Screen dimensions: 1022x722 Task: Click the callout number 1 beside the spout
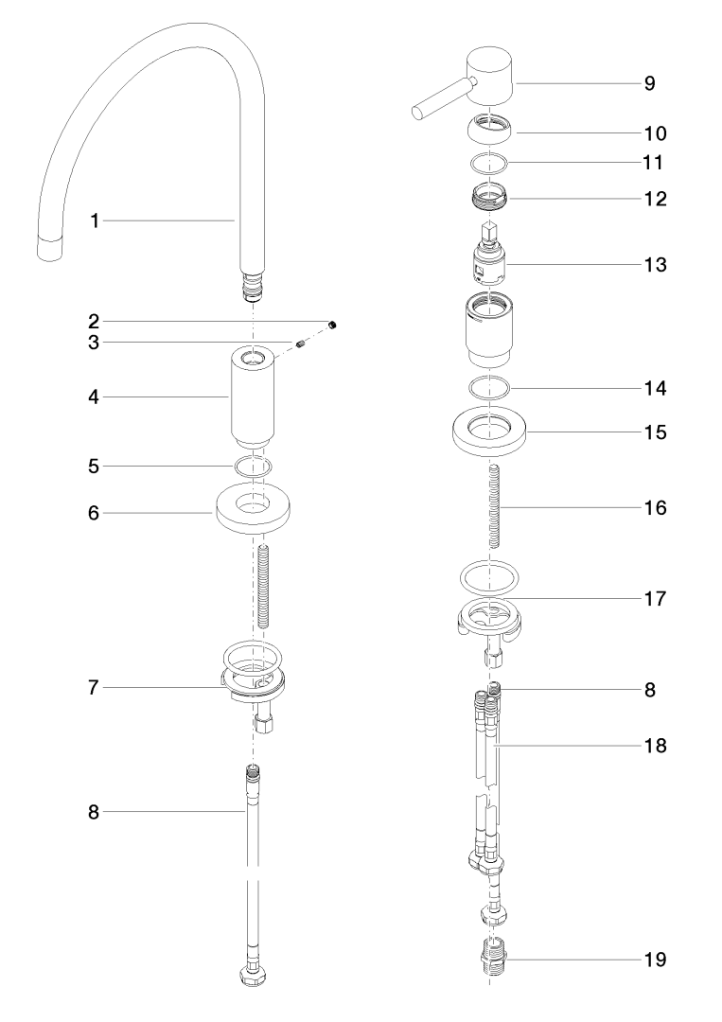tap(95, 220)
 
